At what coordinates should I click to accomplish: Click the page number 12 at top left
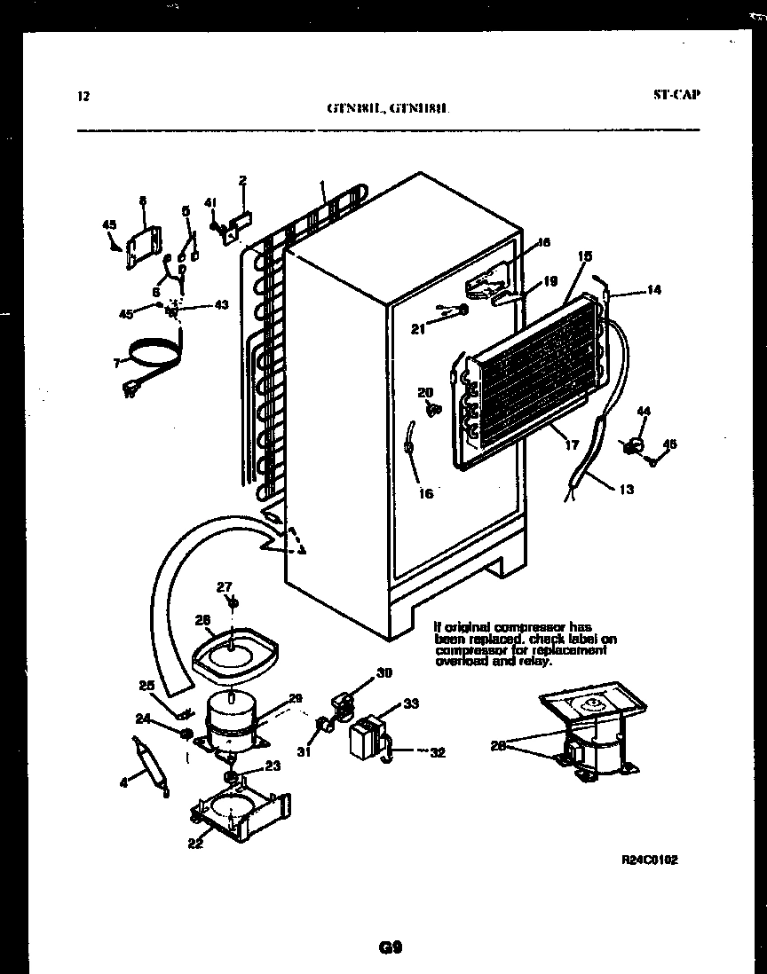(x=83, y=97)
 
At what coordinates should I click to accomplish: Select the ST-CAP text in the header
(x=675, y=94)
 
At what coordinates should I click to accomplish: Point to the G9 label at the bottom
(x=389, y=947)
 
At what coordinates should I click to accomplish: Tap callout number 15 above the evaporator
(x=585, y=256)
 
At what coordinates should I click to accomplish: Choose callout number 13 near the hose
(x=627, y=489)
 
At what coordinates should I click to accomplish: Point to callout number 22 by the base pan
(x=195, y=843)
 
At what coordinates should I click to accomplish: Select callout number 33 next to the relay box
(x=410, y=704)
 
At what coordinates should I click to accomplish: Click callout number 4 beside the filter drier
(x=124, y=782)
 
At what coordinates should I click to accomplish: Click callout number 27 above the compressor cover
(x=225, y=586)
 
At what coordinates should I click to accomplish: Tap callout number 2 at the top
(x=241, y=181)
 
